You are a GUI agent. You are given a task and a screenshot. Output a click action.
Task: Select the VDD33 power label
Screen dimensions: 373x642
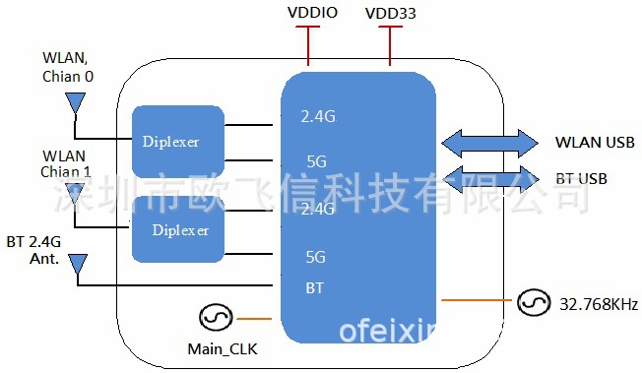[390, 13]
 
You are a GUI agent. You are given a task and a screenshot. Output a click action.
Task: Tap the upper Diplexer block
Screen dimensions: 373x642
[178, 142]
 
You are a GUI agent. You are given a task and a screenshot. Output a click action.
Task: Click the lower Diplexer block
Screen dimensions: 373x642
[180, 229]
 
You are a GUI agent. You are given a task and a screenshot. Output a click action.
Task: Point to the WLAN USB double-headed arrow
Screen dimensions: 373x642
[488, 142]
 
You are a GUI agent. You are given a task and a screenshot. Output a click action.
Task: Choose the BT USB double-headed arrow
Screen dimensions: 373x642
[488, 178]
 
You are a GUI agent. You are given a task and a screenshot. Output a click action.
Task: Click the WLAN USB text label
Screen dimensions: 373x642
[595, 143]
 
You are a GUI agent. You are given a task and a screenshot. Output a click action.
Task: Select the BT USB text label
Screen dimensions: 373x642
[581, 179]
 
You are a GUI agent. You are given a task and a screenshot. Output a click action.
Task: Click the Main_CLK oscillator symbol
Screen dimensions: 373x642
[215, 318]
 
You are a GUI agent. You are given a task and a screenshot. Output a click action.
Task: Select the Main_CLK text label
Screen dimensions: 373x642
[223, 349]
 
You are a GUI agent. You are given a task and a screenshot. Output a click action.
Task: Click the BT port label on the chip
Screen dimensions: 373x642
[312, 288]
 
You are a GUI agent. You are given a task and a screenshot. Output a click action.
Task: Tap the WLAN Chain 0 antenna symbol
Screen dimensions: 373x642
[74, 102]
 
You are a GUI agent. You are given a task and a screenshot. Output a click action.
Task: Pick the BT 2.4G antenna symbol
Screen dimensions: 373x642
[78, 264]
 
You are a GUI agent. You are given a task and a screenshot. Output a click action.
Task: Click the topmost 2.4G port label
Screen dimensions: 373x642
[318, 117]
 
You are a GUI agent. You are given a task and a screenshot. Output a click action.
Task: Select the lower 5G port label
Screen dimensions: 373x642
[315, 257]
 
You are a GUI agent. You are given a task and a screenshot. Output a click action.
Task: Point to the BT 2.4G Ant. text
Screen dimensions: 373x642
[35, 250]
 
